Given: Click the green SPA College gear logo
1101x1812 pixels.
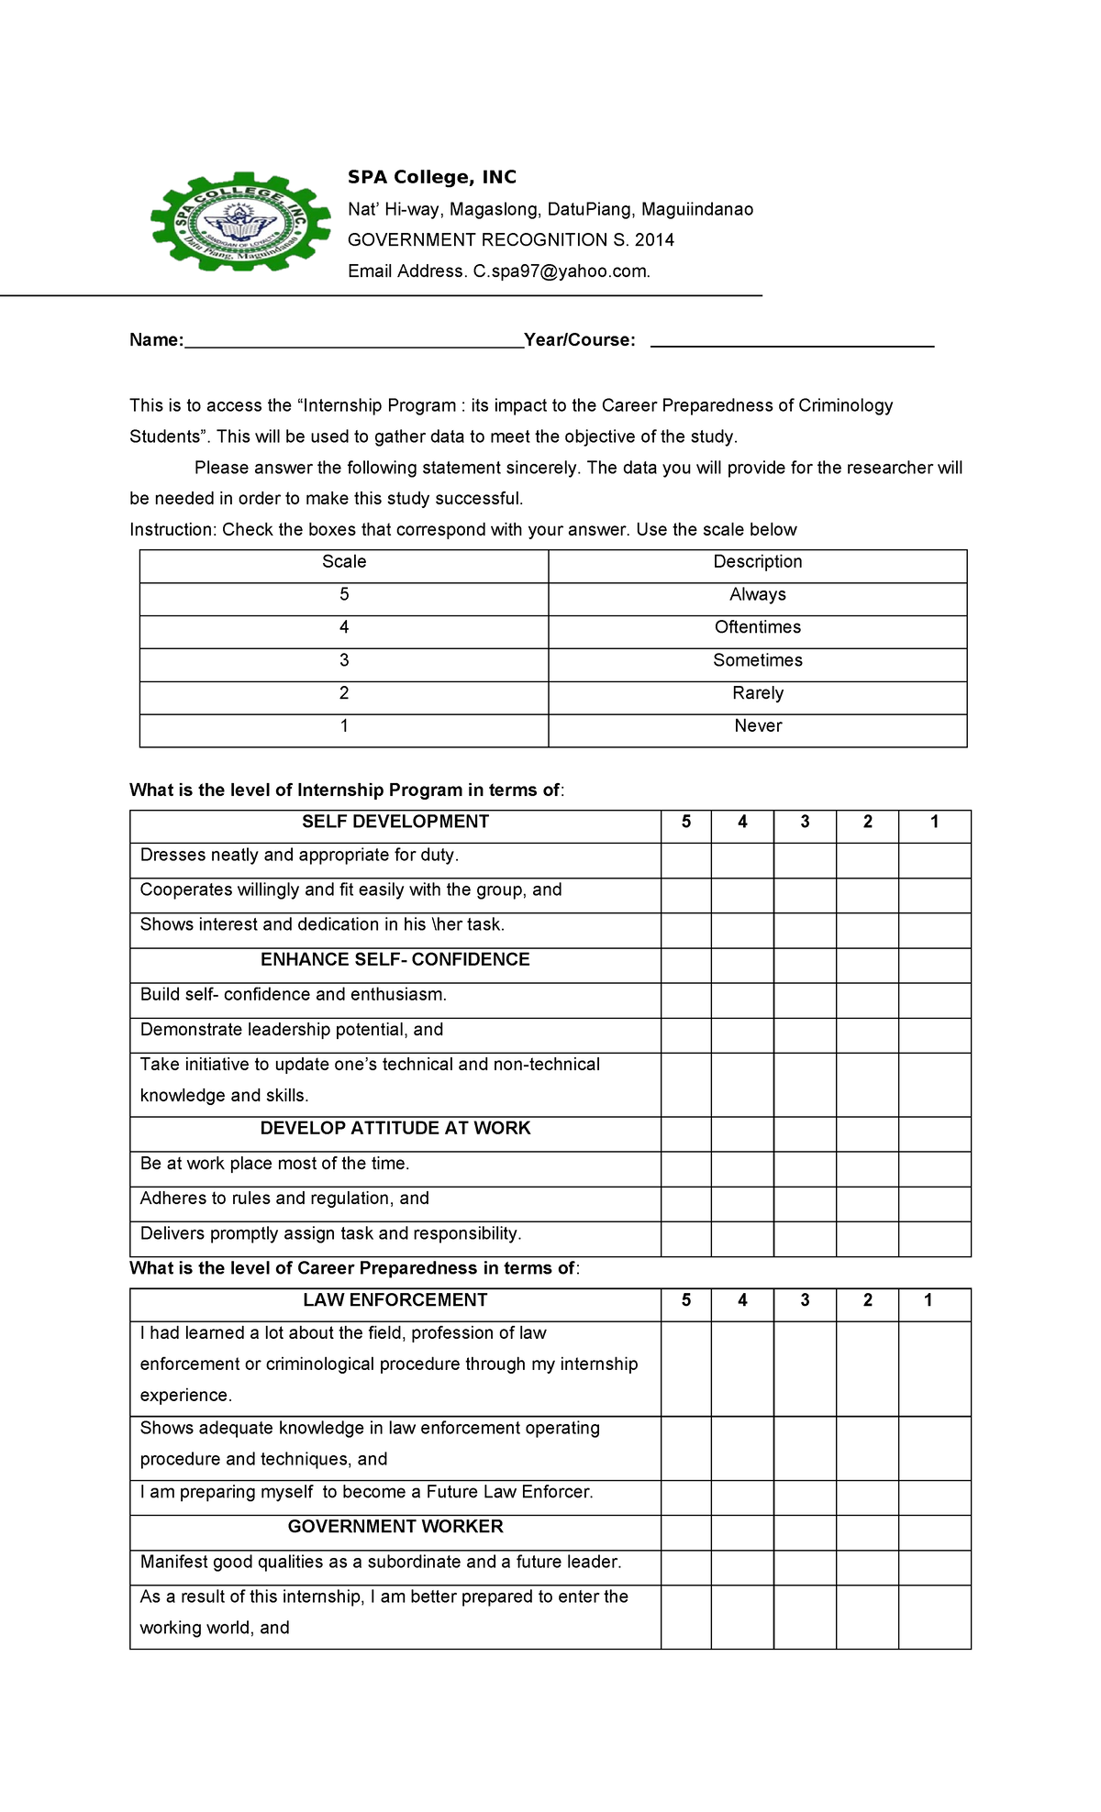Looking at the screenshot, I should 240,223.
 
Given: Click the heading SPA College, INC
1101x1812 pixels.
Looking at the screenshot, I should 431,177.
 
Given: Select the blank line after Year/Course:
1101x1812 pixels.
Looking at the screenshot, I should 791,341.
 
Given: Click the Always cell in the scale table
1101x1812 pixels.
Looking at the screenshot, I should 757,595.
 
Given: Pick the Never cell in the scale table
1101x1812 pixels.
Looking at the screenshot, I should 757,726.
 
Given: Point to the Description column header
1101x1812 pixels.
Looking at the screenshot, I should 757,562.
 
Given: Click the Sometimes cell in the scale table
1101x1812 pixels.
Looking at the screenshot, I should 757,660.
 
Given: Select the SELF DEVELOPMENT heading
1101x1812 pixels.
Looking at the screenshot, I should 395,822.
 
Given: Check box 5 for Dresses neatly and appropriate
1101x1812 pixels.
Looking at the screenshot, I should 685,860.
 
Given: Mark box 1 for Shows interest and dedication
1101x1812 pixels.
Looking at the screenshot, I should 934,930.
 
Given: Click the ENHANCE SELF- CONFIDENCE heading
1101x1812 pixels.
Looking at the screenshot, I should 395,960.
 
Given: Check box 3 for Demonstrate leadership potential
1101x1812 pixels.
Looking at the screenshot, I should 805,1035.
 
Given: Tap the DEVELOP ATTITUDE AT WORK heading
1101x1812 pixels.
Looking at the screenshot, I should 395,1129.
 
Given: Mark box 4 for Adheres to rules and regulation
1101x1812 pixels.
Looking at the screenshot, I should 742,1204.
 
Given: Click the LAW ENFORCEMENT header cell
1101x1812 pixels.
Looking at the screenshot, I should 395,1300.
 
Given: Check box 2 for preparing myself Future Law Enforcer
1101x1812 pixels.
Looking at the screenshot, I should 867,1497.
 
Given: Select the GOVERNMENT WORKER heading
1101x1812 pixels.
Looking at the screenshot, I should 395,1527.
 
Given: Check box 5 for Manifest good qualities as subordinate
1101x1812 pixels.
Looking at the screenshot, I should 685,1567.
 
